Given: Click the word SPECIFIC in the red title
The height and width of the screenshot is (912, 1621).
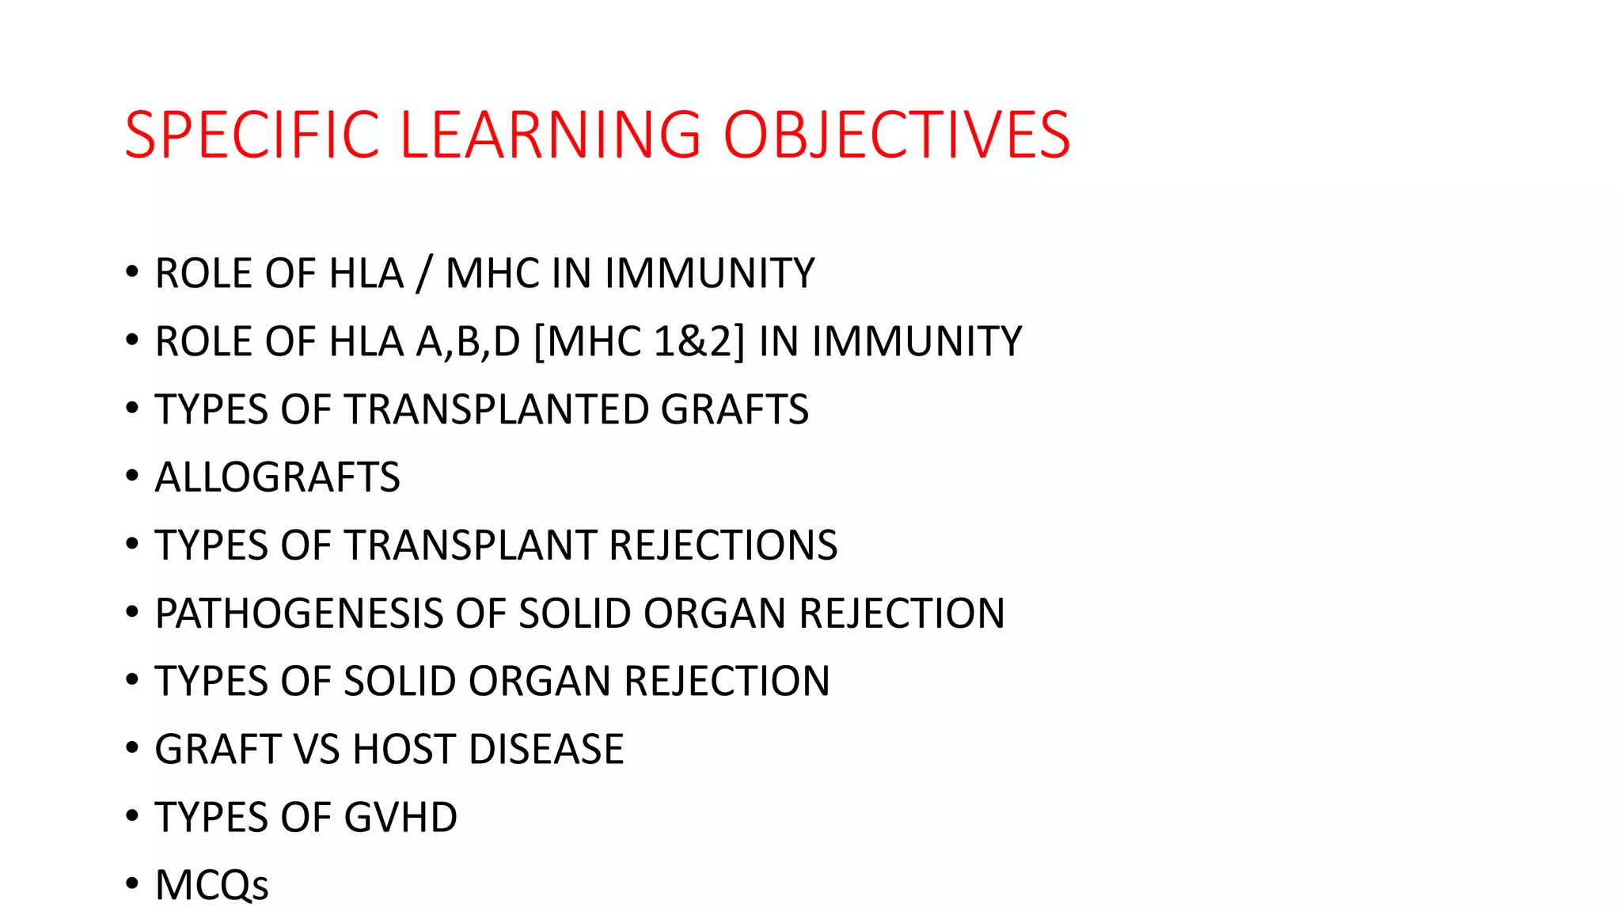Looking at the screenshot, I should (252, 135).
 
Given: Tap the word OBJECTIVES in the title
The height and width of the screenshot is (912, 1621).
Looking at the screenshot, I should (897, 135).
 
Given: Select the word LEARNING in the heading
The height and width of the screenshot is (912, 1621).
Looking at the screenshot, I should (551, 135).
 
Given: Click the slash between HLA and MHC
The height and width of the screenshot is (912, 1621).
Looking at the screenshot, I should (424, 274).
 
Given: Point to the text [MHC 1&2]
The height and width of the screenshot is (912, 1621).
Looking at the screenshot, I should (640, 342).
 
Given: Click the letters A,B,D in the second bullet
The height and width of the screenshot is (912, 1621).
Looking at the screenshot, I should (468, 342).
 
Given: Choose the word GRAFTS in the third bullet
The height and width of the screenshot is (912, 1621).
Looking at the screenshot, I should (735, 410).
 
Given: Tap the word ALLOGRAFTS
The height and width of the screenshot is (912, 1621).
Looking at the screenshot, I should (277, 477).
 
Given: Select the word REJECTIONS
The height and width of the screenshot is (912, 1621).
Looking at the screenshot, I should (723, 545).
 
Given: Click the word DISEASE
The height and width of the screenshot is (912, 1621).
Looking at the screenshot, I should (546, 750).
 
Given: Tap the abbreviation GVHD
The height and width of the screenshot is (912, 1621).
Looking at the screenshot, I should (401, 818).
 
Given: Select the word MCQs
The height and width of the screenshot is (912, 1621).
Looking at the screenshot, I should (211, 885).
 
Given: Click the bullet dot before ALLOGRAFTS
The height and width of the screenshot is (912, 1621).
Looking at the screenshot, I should (132, 477).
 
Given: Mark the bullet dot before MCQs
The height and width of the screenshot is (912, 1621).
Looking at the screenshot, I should (132, 884).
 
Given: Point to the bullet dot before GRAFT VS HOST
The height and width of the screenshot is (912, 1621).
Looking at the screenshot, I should (132, 748).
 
